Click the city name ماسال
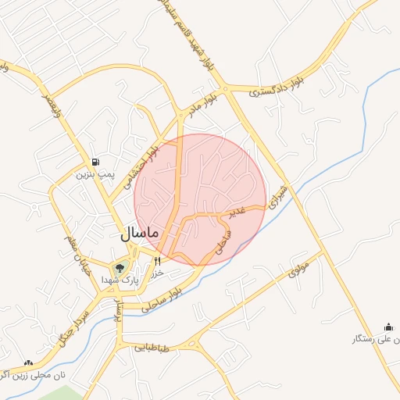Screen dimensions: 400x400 pos(140,233)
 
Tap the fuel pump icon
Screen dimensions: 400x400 pos(95,162)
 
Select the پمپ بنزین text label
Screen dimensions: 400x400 pos(95,174)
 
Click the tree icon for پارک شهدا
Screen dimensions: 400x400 pos(120,268)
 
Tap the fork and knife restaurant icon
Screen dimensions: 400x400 pos(158,260)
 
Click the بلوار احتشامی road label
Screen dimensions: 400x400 pos(143,166)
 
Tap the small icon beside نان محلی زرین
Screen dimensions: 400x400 pos(28,363)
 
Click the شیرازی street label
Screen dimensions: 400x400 pos(277,196)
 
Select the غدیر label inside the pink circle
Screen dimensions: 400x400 pos(237,212)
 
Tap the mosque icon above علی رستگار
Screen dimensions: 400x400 pos(388,327)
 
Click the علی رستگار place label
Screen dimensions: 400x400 pos(374,339)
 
